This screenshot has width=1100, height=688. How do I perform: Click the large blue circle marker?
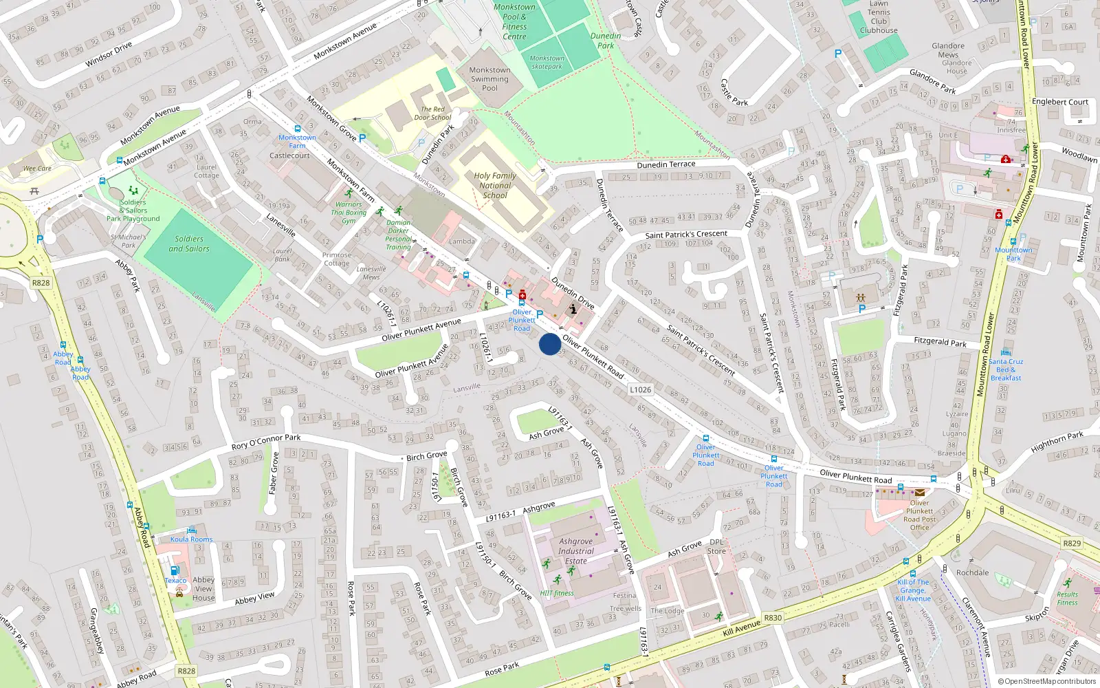(549, 344)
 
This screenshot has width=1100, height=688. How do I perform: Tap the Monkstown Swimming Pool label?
(489, 79)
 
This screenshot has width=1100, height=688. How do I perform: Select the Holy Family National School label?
(494, 185)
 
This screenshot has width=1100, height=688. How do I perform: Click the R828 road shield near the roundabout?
(41, 283)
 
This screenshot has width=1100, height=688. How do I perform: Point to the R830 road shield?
(773, 618)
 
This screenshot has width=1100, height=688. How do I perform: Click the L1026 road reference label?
(640, 389)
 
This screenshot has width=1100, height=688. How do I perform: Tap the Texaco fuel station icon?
(175, 570)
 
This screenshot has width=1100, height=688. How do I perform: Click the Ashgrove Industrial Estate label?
(576, 551)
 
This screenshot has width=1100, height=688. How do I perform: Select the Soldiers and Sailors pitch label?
(188, 244)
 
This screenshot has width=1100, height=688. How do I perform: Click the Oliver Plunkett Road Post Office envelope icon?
(920, 492)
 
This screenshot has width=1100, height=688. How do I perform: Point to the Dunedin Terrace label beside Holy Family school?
(665, 164)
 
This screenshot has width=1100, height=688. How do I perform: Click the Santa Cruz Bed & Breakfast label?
(1006, 369)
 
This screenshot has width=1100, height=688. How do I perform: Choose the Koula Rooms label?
(191, 539)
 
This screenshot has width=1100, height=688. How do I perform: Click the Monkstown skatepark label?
(547, 63)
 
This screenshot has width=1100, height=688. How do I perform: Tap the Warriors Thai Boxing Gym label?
(349, 213)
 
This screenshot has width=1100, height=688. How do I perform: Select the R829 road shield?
(1072, 543)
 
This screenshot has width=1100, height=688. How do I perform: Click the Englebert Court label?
(1060, 102)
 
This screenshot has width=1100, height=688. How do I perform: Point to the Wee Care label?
(37, 169)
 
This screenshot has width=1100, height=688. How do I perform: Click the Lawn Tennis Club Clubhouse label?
(879, 17)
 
